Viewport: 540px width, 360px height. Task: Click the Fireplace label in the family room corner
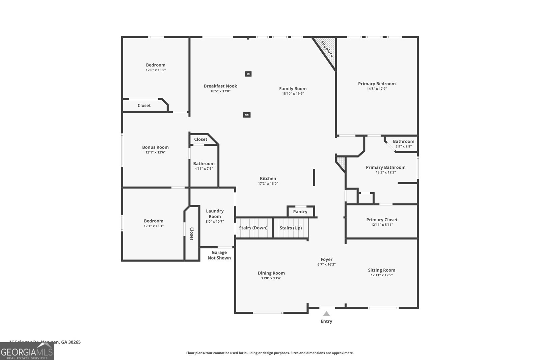pos(327,49)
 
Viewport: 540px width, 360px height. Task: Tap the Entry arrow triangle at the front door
pos(326,314)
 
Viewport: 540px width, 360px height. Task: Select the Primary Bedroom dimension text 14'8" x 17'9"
pos(377,89)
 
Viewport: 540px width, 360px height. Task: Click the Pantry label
pos(300,212)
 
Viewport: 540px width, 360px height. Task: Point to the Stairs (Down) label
pos(253,228)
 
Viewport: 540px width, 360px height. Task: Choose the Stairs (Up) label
pos(291,228)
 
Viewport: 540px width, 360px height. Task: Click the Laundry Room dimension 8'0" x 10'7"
pos(215,222)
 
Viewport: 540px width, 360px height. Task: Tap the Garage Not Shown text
pos(219,255)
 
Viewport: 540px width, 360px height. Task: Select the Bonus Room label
pos(155,147)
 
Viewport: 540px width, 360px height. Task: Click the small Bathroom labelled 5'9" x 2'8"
pos(403,144)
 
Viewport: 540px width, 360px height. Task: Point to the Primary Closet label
pos(382,220)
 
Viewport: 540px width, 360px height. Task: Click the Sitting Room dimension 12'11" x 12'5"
pos(381,275)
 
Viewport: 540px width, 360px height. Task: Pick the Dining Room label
pos(271,273)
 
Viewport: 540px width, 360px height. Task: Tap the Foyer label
pos(326,259)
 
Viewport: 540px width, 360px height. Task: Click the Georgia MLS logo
pos(27,352)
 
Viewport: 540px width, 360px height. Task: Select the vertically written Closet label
pos(191,234)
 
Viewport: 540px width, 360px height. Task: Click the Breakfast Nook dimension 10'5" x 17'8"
pos(220,91)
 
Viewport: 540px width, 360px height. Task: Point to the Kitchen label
pos(268,178)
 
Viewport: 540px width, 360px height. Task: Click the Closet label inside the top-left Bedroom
pos(144,106)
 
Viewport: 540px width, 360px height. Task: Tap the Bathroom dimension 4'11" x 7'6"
pos(204,169)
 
